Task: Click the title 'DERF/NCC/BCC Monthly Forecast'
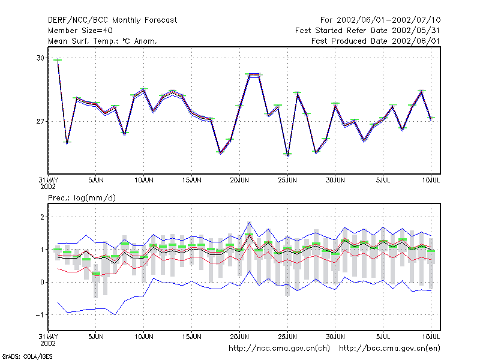pyautogui.click(x=112, y=20)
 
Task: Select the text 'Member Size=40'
pyautogui.click(x=80, y=31)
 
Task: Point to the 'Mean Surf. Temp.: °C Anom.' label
pyautogui.click(x=103, y=41)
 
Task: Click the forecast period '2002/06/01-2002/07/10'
pyautogui.click(x=388, y=20)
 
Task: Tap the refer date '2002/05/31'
pyautogui.click(x=416, y=31)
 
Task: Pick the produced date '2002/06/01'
pyautogui.click(x=416, y=41)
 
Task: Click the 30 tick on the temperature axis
pyautogui.click(x=40, y=58)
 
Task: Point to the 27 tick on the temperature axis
pyautogui.click(x=40, y=122)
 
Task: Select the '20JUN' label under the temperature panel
pyautogui.click(x=239, y=180)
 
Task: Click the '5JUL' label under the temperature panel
pyautogui.click(x=383, y=180)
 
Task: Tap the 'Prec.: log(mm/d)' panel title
pyautogui.click(x=82, y=198)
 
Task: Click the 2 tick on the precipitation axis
pyautogui.click(x=42, y=217)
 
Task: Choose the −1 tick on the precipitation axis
pyautogui.click(x=40, y=314)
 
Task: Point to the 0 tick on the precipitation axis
pyautogui.click(x=42, y=282)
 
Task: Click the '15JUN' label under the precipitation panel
pyautogui.click(x=191, y=337)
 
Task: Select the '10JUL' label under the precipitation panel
pyautogui.click(x=431, y=337)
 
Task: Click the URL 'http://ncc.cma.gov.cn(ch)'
pyautogui.click(x=279, y=349)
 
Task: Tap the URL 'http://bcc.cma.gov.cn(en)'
pyautogui.click(x=389, y=349)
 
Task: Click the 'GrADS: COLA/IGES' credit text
pyautogui.click(x=27, y=356)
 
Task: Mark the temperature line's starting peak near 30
pyautogui.click(x=58, y=59)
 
